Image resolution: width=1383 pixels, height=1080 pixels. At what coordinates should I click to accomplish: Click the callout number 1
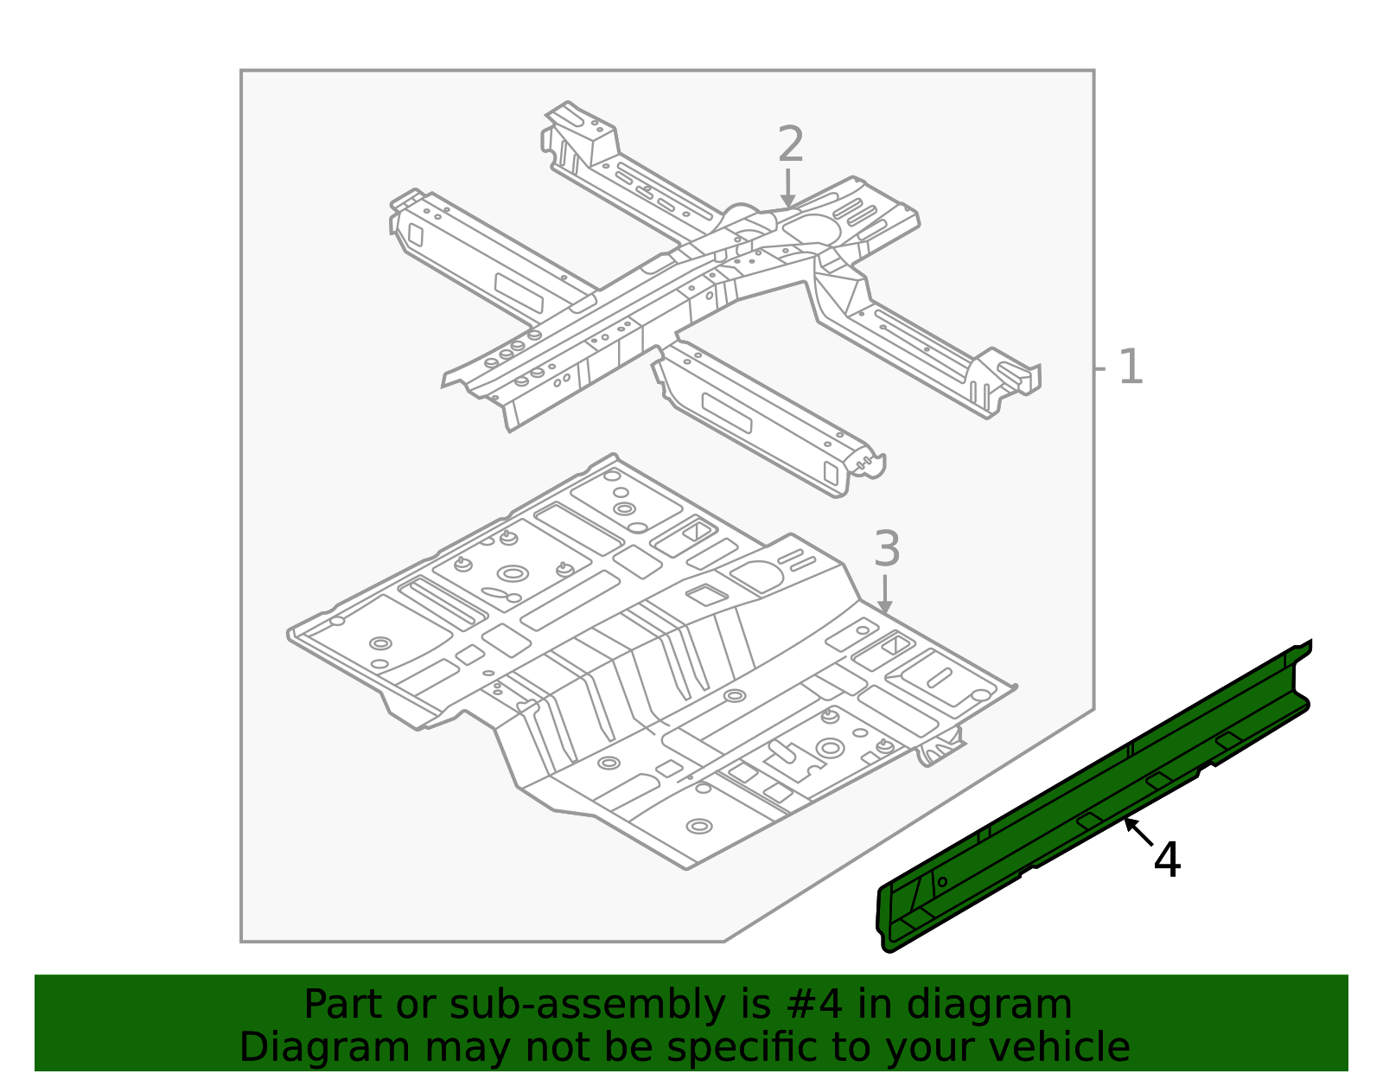(1131, 367)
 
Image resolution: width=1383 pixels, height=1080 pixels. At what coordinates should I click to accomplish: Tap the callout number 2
(791, 144)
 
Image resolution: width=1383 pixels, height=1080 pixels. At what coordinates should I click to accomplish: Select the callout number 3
(887, 548)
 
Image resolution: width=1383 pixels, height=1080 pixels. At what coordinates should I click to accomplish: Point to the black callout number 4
(1167, 860)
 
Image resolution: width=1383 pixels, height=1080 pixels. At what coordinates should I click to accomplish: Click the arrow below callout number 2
(788, 189)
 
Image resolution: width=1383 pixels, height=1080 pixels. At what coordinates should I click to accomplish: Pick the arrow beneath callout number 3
(884, 595)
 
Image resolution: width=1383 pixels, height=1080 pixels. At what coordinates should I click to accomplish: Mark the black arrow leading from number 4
(1138, 833)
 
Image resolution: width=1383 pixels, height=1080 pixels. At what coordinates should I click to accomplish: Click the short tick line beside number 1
(1100, 368)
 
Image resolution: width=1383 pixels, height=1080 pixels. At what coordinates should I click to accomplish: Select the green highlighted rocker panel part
(1094, 796)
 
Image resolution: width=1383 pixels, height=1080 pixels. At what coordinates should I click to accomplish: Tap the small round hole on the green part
(942, 882)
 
